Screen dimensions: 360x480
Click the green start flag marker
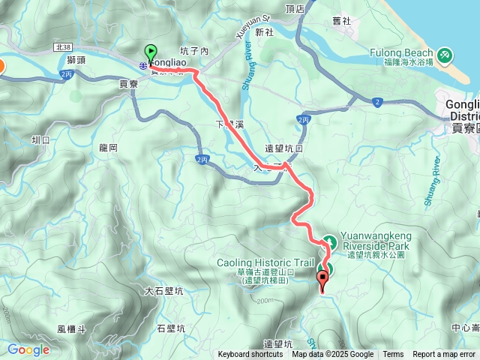151,54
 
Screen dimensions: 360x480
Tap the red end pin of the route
323,281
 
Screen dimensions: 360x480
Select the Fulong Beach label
401,53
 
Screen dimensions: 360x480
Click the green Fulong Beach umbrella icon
445,54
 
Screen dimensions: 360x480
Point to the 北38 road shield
64,46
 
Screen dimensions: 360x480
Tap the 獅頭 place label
76,59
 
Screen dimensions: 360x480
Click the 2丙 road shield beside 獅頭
67,74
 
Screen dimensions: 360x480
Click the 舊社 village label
341,21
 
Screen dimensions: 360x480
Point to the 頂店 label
295,9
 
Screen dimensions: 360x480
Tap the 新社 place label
264,32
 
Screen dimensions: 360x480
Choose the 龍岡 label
108,148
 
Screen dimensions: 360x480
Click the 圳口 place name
40,139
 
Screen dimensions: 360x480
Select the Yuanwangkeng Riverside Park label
377,240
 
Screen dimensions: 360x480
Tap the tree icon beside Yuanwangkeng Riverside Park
328,241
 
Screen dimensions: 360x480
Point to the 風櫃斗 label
72,328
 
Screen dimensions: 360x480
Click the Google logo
28,349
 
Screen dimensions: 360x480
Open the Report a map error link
445,355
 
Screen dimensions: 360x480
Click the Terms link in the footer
393,355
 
